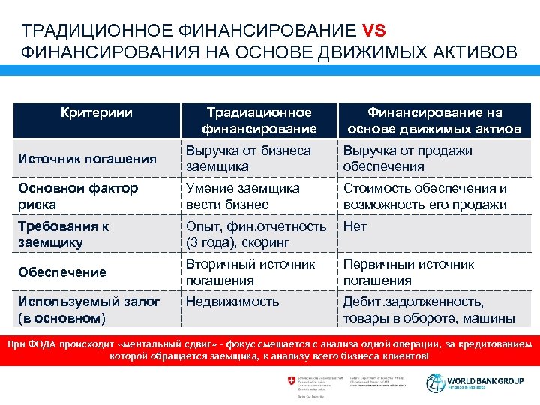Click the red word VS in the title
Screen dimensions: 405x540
point(373,31)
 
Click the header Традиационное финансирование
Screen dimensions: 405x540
point(259,121)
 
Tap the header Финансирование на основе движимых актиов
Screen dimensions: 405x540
point(433,121)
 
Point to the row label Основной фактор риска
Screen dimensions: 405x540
point(79,196)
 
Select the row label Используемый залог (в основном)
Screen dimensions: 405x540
point(89,309)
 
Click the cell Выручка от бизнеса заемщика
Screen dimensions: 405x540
point(247,158)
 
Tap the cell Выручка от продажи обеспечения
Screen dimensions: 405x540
point(407,158)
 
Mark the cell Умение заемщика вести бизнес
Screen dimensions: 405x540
point(242,196)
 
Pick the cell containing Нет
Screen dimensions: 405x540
point(355,226)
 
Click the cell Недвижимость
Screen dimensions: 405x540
point(232,301)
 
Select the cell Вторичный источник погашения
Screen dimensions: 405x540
point(250,272)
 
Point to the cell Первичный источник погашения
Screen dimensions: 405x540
point(408,272)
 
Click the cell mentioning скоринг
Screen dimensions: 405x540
point(255,234)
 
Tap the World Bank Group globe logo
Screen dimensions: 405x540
point(436,382)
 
